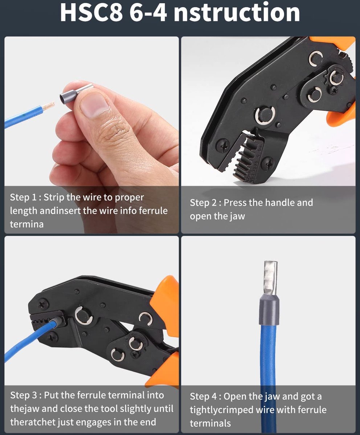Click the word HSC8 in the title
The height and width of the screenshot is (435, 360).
tap(91, 12)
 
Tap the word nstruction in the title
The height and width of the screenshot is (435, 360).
tap(237, 12)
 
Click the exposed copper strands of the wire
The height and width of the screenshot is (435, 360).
tap(48, 106)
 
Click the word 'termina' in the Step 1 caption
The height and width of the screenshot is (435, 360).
tap(27, 224)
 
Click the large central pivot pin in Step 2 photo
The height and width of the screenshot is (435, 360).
tap(265, 116)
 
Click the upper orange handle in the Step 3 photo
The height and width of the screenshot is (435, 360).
tap(165, 302)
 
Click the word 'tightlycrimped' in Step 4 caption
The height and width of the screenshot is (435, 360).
tap(221, 410)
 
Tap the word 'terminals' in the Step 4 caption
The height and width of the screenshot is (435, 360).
tap(210, 423)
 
